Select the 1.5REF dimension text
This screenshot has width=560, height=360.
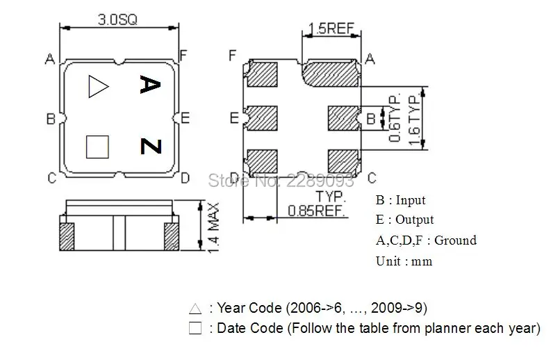point(331,30)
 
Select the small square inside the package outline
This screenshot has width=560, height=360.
point(97,147)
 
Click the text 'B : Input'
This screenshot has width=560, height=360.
point(400,200)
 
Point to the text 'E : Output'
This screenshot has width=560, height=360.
point(404,220)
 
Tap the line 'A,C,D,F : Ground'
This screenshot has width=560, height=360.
point(426,240)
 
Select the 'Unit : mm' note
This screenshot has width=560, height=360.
point(404,261)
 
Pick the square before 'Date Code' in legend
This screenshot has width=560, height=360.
point(195,328)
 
